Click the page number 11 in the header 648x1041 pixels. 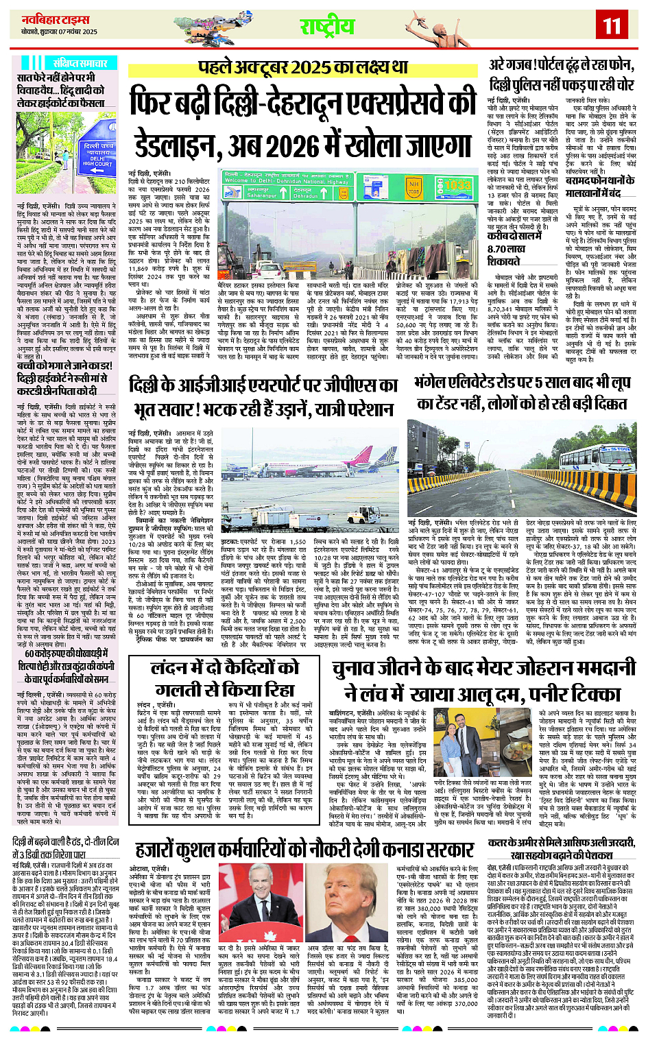(612, 25)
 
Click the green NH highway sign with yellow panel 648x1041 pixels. (413, 187)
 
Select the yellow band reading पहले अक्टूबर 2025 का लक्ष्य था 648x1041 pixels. (302, 67)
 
